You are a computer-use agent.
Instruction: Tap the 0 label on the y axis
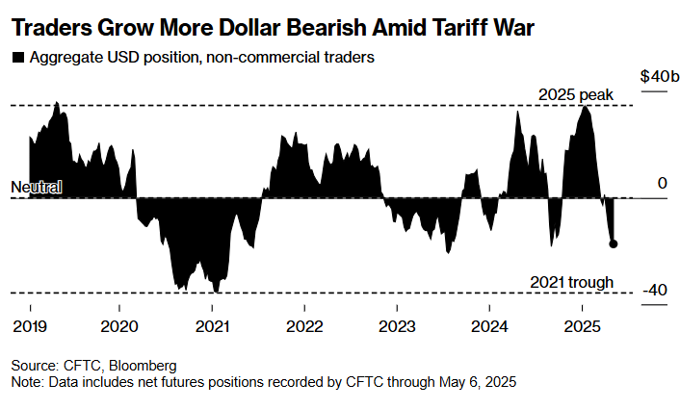click(663, 183)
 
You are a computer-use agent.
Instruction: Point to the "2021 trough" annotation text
click(572, 282)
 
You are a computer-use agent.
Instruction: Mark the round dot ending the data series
click(614, 243)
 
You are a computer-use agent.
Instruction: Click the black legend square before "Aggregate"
click(17, 58)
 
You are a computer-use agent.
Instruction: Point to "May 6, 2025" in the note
click(471, 382)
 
